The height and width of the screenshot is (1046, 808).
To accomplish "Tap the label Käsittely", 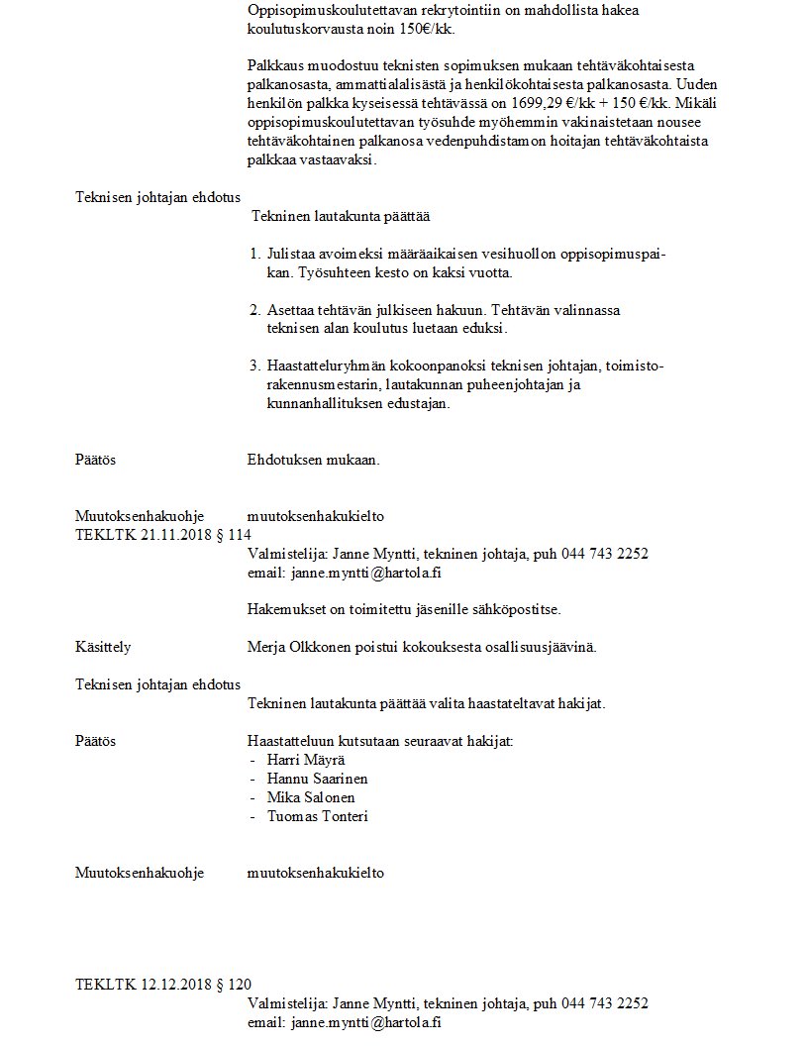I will (x=103, y=647).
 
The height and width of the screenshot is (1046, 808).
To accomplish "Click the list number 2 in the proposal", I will (x=254, y=310).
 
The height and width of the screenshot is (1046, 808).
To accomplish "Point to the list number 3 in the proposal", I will (x=254, y=366).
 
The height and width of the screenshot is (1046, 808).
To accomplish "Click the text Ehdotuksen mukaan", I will (x=313, y=460).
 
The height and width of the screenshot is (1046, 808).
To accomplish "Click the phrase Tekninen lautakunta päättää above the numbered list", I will (x=341, y=215).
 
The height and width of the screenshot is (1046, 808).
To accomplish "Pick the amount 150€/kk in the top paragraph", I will (x=430, y=30).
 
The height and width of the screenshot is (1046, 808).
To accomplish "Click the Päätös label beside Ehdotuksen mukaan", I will (x=96, y=460).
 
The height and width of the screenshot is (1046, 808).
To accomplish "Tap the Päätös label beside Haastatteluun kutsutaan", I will (x=96, y=741).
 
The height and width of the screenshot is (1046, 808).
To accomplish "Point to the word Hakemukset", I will (x=281, y=609).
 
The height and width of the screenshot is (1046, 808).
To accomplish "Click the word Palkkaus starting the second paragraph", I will (x=274, y=65).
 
